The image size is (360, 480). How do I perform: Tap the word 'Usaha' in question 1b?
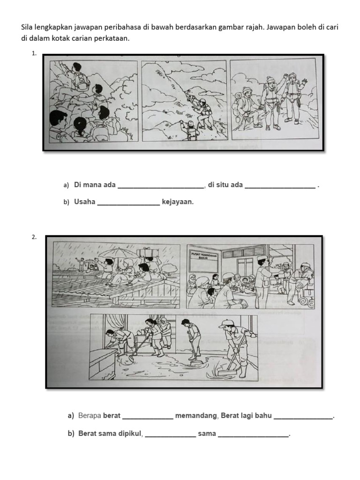tap(84, 202)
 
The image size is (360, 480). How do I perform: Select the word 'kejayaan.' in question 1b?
tap(178, 202)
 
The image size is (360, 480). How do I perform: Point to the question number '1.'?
tap(34, 53)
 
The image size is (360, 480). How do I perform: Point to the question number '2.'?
tap(34, 237)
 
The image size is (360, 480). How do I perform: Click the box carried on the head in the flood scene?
tap(148, 252)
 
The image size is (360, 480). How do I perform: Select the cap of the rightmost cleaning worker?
tap(226, 323)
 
